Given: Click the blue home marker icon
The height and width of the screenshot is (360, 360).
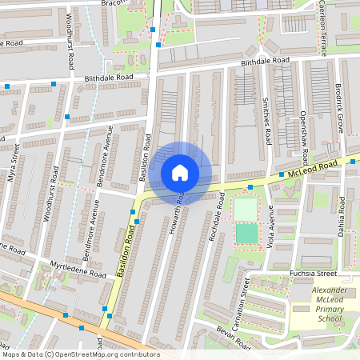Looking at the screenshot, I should pyautogui.click(x=180, y=173).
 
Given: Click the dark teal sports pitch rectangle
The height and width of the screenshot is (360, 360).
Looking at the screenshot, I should pyautogui.click(x=246, y=234).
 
